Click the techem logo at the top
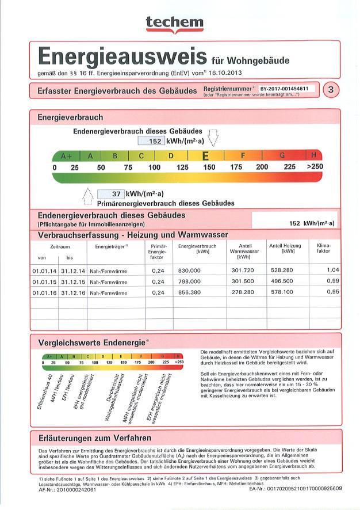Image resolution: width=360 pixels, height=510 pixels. (174, 22)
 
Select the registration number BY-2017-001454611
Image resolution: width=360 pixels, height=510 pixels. (284, 89)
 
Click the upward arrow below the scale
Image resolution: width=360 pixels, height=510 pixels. (88, 196)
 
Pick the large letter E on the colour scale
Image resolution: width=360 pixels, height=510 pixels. (205, 156)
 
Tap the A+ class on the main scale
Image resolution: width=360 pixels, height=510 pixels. (66, 156)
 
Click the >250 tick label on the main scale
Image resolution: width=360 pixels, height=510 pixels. (315, 168)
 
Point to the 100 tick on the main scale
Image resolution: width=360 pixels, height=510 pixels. (154, 168)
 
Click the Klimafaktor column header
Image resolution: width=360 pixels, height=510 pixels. (324, 249)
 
